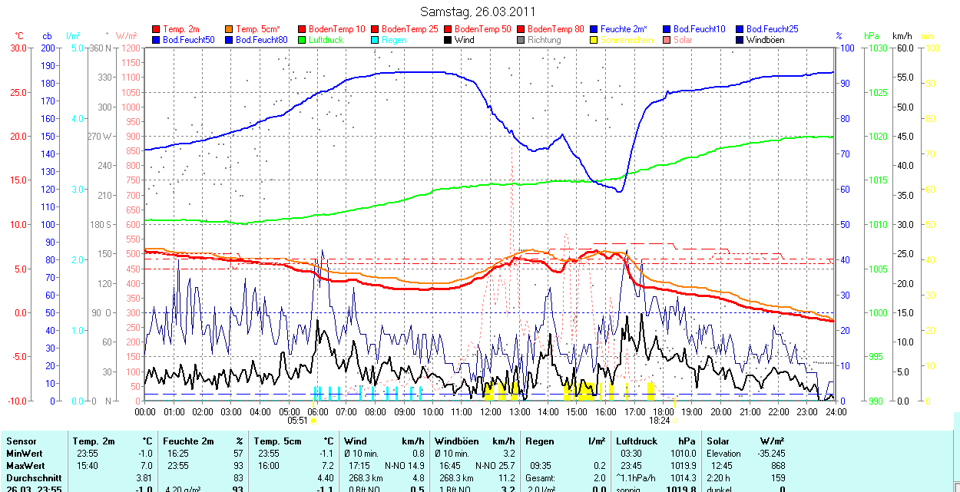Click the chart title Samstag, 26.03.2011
tap(478, 12)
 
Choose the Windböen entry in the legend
tap(765, 40)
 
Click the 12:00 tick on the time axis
tap(490, 412)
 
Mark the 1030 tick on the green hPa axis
tap(874, 48)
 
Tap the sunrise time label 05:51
tap(297, 421)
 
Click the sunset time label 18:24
tap(659, 421)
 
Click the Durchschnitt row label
tap(32, 477)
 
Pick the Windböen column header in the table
tap(458, 441)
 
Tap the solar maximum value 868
tap(776, 466)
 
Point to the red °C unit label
tap(19, 36)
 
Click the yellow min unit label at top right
tap(927, 36)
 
